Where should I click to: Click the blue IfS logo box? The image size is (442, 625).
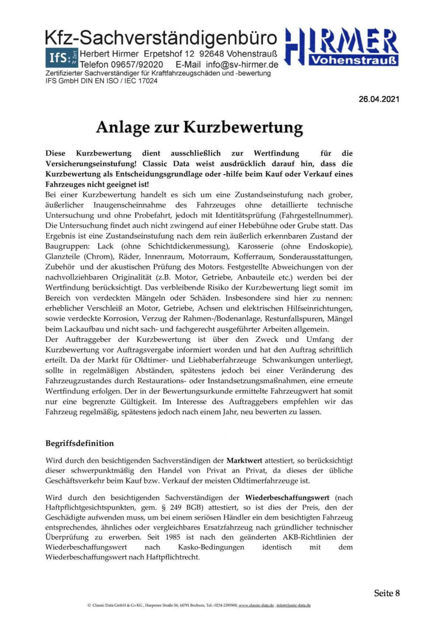pyautogui.click(x=61, y=58)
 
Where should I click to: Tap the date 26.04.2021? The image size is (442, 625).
pyautogui.click(x=379, y=99)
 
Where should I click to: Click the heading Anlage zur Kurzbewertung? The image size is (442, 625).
pyautogui.click(x=199, y=127)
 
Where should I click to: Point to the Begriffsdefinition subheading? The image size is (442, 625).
pyautogui.click(x=80, y=443)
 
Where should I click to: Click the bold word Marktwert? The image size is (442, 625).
pyautogui.click(x=244, y=460)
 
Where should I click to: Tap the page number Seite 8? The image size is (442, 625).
pyautogui.click(x=387, y=593)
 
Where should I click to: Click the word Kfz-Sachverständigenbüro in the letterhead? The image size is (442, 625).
pyautogui.click(x=161, y=38)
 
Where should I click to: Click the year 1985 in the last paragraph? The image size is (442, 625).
pyautogui.click(x=173, y=537)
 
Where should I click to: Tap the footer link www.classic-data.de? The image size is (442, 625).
pyautogui.click(x=256, y=605)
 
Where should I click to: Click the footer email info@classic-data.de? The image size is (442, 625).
pyautogui.click(x=294, y=605)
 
